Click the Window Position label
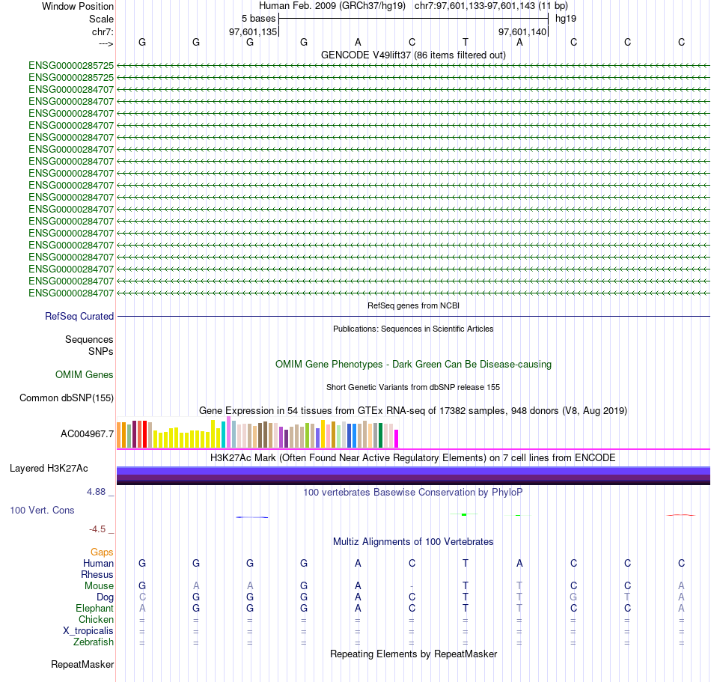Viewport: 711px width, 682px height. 78,6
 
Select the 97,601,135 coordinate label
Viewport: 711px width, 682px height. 253,32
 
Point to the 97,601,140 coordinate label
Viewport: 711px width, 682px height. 522,32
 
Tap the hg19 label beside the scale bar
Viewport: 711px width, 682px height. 565,18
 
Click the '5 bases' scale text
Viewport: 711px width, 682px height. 258,18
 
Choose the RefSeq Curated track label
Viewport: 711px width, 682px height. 79,317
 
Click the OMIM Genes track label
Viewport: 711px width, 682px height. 85,374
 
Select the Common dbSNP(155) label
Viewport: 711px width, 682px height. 67,398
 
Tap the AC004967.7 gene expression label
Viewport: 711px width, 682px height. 88,433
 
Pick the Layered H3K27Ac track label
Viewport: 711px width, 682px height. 49,469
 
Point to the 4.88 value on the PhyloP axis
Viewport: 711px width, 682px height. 97,492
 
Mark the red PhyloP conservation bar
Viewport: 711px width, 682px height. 680,515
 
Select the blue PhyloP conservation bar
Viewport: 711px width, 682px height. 251,517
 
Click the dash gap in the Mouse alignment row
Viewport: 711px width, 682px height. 412,586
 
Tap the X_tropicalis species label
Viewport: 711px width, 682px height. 88,631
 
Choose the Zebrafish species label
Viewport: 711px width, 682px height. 94,642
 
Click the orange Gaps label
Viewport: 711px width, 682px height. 102,552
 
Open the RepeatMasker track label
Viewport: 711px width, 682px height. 82,665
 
